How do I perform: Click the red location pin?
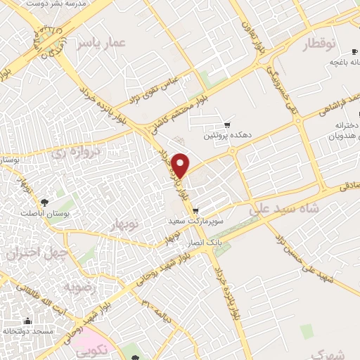pyautogui.click(x=181, y=165)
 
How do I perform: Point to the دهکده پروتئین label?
pyautogui.click(x=226, y=135)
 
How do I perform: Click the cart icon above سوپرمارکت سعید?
pyautogui.click(x=195, y=210)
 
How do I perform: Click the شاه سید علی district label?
pyautogui.click(x=284, y=209)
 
